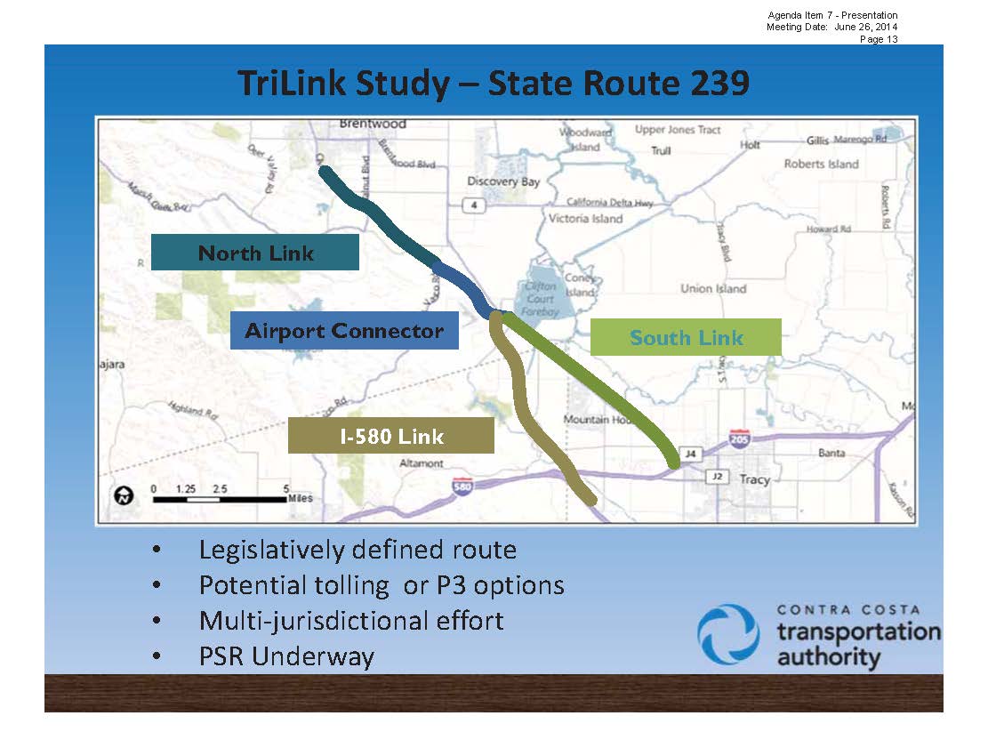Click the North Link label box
coord(255,253)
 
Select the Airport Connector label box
coord(344,331)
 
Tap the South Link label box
coord(686,337)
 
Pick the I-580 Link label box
coord(390,436)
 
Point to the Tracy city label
coord(754,479)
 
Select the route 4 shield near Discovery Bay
coord(476,205)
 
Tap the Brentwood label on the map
coord(373,124)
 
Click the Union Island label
coord(713,288)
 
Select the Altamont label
coord(422,463)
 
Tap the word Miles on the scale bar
coord(300,499)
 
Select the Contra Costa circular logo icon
coord(728,633)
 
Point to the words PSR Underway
coord(286,656)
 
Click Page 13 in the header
coord(878,39)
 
